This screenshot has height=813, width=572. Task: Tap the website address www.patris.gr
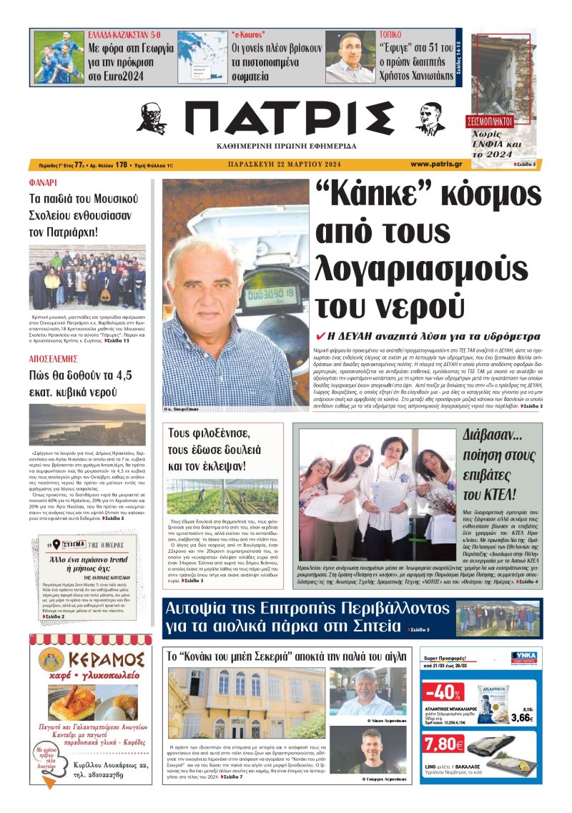tap(436, 164)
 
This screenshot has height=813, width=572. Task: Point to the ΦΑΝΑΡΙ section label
tap(44, 183)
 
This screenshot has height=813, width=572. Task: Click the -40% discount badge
tap(443, 694)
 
